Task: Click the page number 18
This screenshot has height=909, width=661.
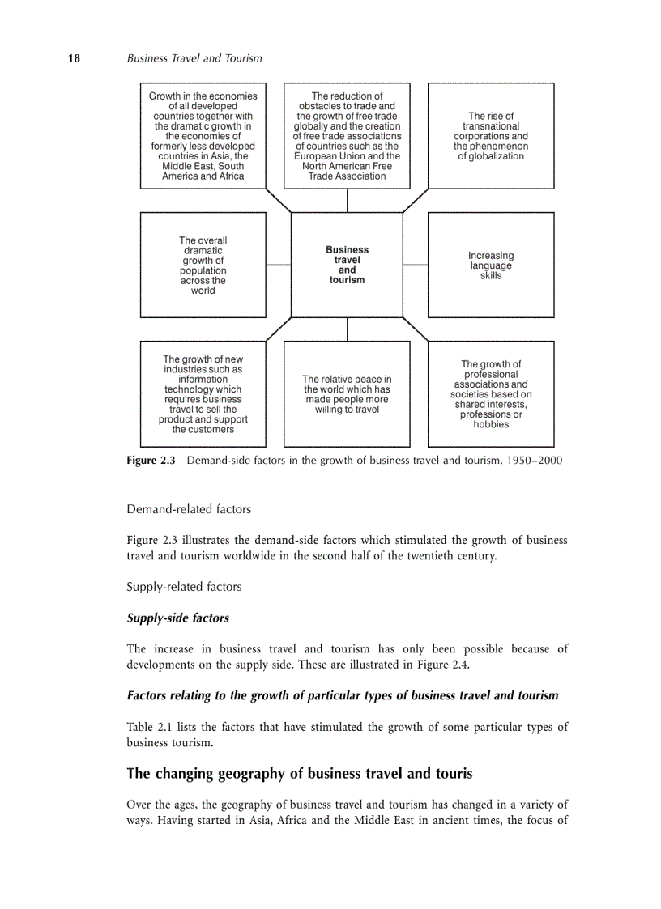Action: (74, 58)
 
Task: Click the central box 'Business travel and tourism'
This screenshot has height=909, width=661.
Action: (347, 265)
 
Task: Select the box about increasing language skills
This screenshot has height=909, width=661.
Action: (491, 265)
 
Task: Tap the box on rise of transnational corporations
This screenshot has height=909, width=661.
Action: (491, 136)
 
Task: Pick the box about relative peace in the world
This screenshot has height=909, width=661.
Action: (347, 394)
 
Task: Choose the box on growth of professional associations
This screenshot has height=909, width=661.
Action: (491, 394)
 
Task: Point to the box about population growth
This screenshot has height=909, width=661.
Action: (203, 265)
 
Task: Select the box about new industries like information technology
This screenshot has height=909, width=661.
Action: (203, 394)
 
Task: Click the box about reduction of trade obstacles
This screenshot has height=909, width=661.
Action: (347, 136)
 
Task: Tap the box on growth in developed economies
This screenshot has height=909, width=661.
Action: (203, 136)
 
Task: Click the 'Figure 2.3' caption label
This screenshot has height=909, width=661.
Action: (151, 461)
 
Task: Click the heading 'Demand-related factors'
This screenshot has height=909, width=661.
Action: (189, 509)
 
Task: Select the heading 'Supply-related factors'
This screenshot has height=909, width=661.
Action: (184, 586)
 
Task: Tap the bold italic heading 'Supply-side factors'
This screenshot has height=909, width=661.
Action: (177, 618)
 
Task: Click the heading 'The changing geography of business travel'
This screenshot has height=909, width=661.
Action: (300, 773)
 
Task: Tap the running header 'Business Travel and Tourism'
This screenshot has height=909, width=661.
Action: (194, 58)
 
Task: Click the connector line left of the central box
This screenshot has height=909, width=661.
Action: (278, 265)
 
